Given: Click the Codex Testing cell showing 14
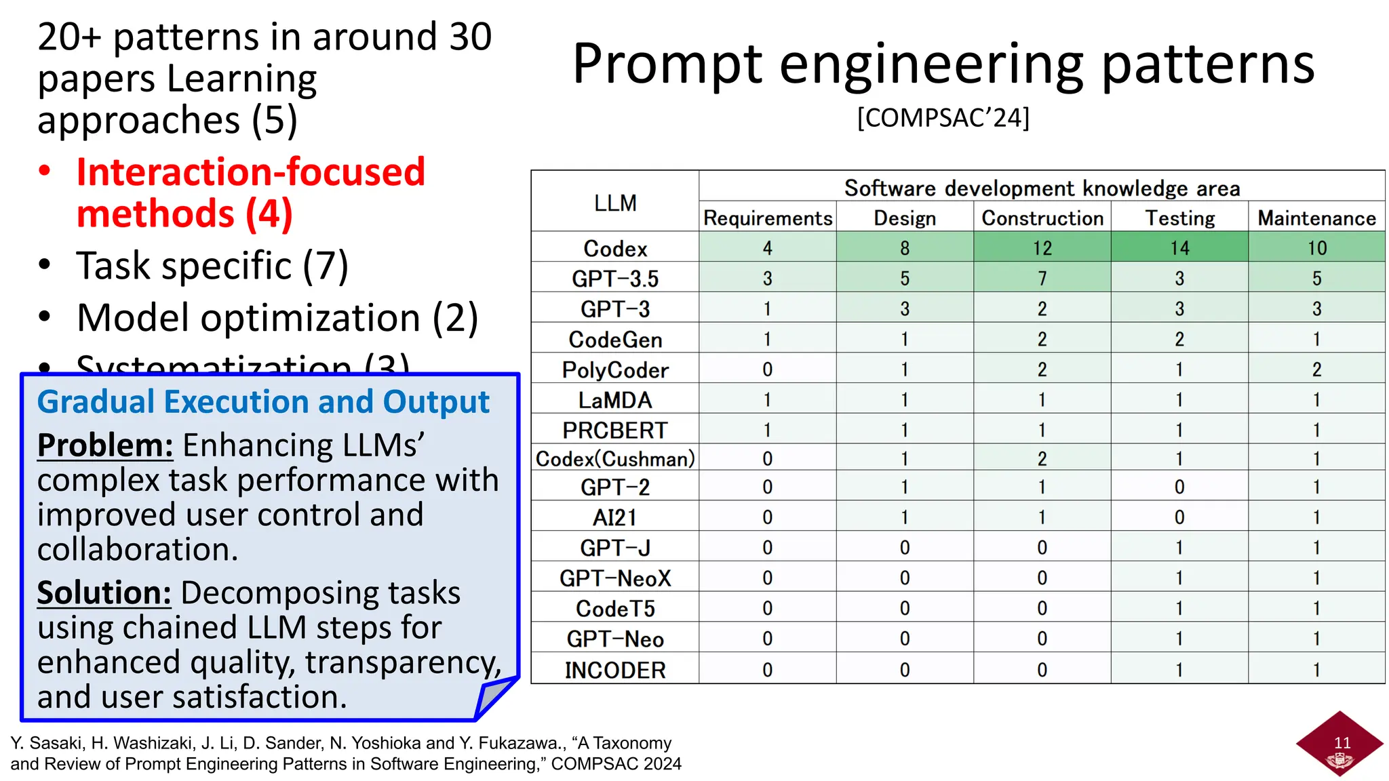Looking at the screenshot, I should (1179, 248).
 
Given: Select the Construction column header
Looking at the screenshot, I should (1042, 218).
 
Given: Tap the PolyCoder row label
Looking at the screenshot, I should (615, 369).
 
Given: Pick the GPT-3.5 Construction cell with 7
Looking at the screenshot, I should (1042, 279).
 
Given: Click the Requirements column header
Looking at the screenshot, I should (767, 218).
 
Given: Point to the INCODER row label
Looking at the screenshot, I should (615, 670).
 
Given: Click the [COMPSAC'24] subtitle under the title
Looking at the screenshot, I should (943, 118).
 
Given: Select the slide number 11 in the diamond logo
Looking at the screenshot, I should (1342, 742).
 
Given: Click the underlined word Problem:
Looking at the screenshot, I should (105, 445).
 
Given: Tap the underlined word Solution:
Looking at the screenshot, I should (104, 593).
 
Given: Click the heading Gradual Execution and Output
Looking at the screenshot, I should (263, 401).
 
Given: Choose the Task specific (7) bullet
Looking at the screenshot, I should (212, 265).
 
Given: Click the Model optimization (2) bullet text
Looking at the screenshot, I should (277, 317).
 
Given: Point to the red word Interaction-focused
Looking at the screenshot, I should (250, 172).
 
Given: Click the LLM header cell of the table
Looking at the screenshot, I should (615, 203).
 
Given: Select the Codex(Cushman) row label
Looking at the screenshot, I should (615, 459).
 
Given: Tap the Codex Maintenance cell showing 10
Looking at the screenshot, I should (1316, 248).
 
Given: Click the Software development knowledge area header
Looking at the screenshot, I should (1042, 188).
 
